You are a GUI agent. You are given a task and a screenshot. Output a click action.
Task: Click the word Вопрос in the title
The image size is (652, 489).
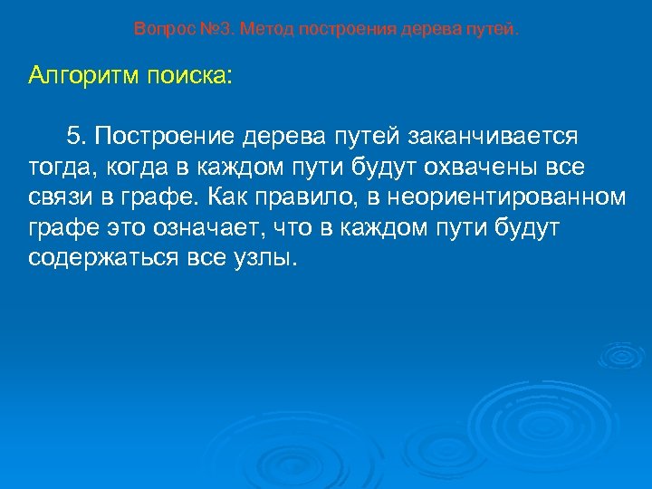pos(158,29)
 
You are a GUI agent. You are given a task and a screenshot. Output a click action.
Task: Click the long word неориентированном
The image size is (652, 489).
pos(513,197)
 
